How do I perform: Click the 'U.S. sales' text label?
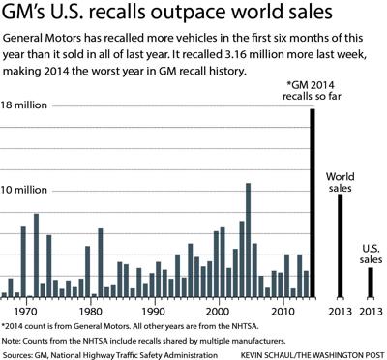tap(370, 254)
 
